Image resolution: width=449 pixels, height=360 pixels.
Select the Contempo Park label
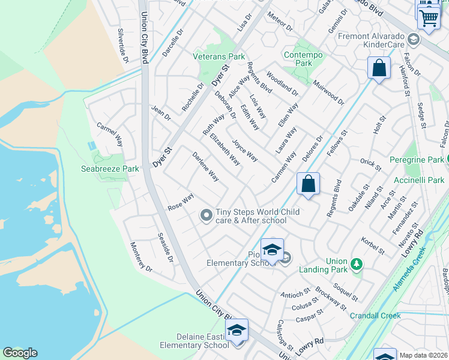point(304,59)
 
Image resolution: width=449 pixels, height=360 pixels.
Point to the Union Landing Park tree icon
point(356,264)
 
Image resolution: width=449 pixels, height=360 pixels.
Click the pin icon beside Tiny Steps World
point(206,215)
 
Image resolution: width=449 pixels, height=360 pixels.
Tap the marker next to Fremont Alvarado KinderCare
point(412,40)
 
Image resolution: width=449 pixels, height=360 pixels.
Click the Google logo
point(20,353)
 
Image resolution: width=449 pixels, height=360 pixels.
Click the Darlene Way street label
point(205,167)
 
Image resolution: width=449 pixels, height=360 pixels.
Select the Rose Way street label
point(181,201)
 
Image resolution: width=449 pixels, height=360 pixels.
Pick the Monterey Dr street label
point(142,257)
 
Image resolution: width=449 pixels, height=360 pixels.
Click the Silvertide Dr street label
point(124,46)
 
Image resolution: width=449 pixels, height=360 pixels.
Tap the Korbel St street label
point(373,245)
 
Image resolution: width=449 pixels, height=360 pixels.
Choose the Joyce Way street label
point(245,151)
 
